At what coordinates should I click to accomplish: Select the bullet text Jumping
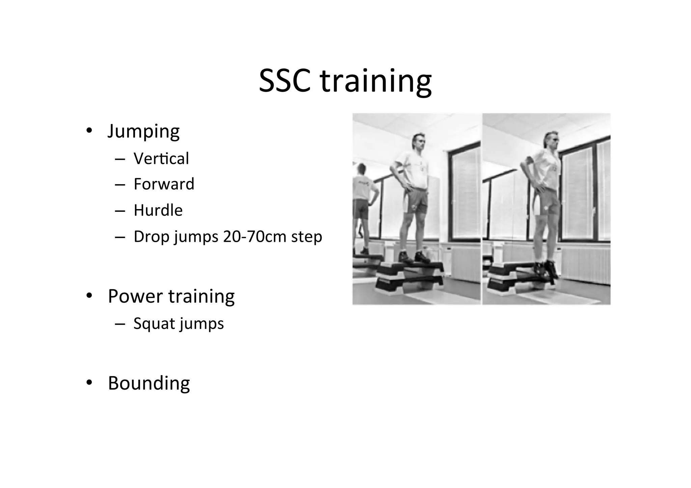click(143, 131)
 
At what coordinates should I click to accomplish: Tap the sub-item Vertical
click(161, 159)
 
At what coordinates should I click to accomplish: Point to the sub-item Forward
click(164, 184)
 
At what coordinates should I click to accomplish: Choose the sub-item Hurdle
click(158, 210)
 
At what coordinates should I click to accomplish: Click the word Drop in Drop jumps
click(151, 237)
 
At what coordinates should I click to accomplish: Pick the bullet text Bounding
click(149, 383)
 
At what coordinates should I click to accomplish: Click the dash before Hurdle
click(120, 211)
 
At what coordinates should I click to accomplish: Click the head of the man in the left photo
click(419, 142)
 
